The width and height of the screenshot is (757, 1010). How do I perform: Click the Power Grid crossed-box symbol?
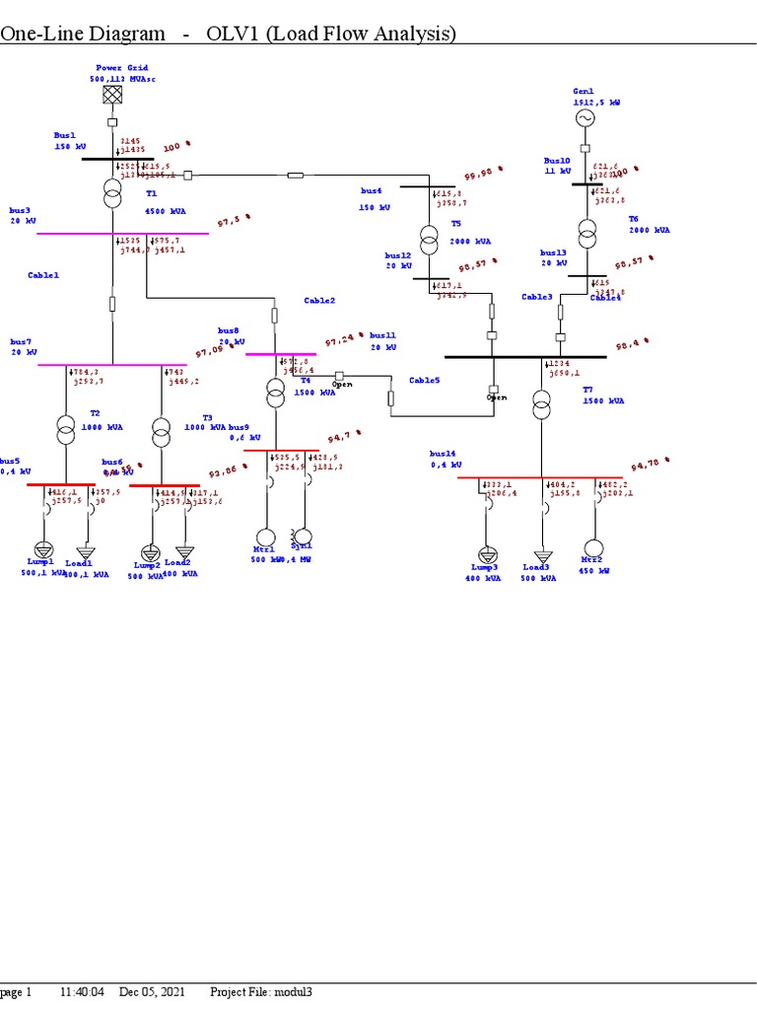point(112,95)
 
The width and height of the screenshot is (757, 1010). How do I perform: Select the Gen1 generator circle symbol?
point(585,118)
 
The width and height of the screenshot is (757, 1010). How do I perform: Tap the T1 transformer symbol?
point(112,194)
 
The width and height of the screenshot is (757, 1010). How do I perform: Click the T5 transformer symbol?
point(429,239)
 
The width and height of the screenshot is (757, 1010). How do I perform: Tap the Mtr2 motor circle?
point(593,548)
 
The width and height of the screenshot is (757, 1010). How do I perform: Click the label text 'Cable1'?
point(43,275)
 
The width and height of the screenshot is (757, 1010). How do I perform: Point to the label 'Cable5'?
point(425,380)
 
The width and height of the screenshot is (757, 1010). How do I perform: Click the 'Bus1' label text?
point(64,135)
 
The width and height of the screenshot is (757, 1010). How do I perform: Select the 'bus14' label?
point(443,454)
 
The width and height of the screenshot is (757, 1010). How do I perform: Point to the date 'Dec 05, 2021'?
point(152,991)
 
